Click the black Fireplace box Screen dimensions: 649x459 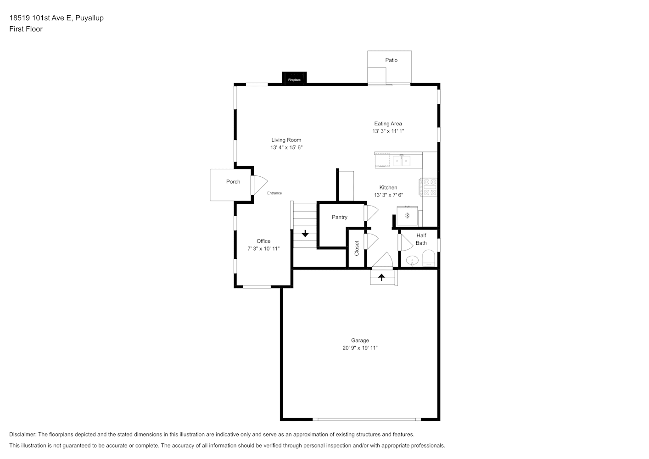294,78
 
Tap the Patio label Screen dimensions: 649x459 391,60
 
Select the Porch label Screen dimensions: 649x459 233,182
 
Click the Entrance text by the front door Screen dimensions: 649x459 274,193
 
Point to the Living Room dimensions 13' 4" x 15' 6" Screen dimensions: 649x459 286,147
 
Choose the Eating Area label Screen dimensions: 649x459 388,123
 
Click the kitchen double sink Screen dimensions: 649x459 401,161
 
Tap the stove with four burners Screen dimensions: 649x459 428,187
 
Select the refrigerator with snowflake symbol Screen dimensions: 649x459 407,216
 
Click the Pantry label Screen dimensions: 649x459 339,217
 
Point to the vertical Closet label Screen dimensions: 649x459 357,248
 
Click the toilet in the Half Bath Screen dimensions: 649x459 429,258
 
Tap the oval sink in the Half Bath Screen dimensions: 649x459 412,261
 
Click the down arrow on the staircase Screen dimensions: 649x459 305,233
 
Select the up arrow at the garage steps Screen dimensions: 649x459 381,277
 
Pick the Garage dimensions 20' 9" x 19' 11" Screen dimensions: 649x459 360,348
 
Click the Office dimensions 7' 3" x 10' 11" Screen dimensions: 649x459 263,249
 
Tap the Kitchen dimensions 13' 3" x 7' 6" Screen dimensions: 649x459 388,195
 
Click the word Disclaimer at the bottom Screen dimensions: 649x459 23,434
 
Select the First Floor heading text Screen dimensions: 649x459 26,29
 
